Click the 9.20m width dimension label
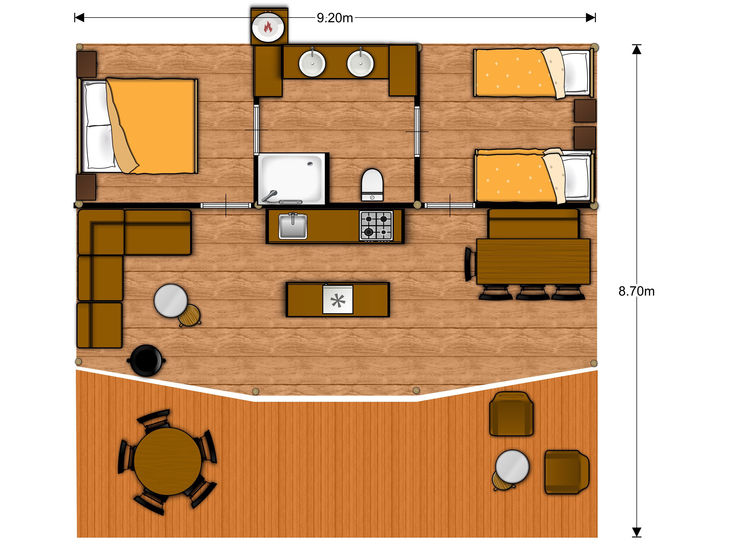[335, 18]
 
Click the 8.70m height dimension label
[636, 291]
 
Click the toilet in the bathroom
[372, 185]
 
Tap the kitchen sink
[293, 226]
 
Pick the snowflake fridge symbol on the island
[338, 300]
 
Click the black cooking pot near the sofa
[146, 360]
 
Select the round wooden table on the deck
[168, 461]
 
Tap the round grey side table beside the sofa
[171, 300]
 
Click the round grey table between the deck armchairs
[512, 467]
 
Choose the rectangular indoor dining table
[533, 261]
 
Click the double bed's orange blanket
[152, 126]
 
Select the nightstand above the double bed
[87, 64]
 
